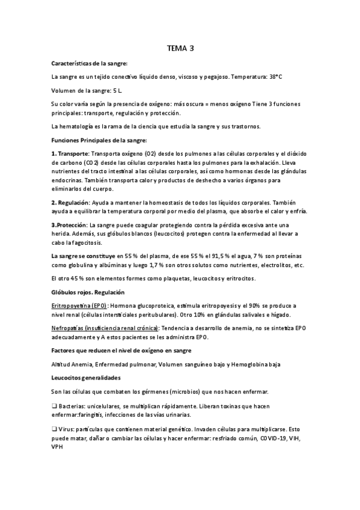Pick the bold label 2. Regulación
(70, 202)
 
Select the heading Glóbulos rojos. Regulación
(88, 292)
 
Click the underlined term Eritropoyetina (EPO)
(79, 306)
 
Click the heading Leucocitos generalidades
(87, 378)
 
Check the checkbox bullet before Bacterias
(54, 405)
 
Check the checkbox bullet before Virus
(54, 431)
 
